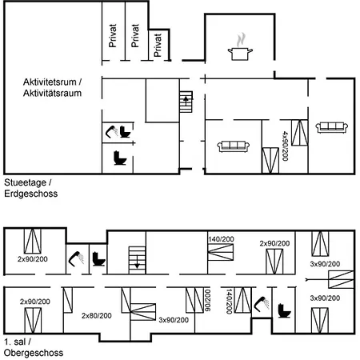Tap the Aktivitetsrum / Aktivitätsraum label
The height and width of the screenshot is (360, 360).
[x=52, y=87]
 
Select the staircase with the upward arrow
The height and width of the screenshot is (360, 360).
[x=186, y=102]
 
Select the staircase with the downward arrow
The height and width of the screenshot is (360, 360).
[x=137, y=260]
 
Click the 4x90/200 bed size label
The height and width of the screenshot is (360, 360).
[x=285, y=146]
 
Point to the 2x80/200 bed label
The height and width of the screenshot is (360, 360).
[x=97, y=316]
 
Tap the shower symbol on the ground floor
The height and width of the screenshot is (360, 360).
[x=112, y=131]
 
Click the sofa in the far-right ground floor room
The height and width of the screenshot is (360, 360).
[x=331, y=127]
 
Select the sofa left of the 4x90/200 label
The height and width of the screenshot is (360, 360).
[x=234, y=146]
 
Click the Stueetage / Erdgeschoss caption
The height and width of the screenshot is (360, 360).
[x=30, y=188]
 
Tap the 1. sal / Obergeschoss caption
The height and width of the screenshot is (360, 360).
[x=34, y=347]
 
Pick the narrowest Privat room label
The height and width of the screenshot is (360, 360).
[x=158, y=45]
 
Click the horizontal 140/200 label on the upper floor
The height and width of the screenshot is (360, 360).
[x=221, y=239]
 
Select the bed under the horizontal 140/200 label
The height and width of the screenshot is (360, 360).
[x=221, y=252]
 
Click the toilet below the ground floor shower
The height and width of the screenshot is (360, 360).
[x=120, y=158]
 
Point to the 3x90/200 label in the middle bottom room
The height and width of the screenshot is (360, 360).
[x=174, y=320]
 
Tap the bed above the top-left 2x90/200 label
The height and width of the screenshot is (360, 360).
[x=33, y=241]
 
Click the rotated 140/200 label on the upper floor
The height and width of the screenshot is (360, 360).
[x=229, y=302]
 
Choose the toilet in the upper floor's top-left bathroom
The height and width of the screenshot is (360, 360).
[x=98, y=259]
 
